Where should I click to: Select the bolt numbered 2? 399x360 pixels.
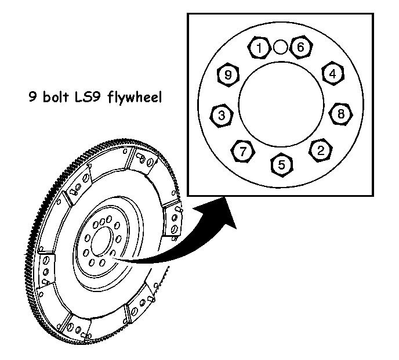tap(321, 150)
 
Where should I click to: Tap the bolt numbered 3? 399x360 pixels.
tap(222, 115)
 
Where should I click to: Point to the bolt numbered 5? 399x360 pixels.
tap(282, 164)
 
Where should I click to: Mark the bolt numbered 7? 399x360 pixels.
tap(243, 152)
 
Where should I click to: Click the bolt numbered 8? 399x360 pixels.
tap(341, 114)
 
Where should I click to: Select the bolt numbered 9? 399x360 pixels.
tap(228, 75)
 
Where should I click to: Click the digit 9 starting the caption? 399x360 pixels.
tap(32, 95)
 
